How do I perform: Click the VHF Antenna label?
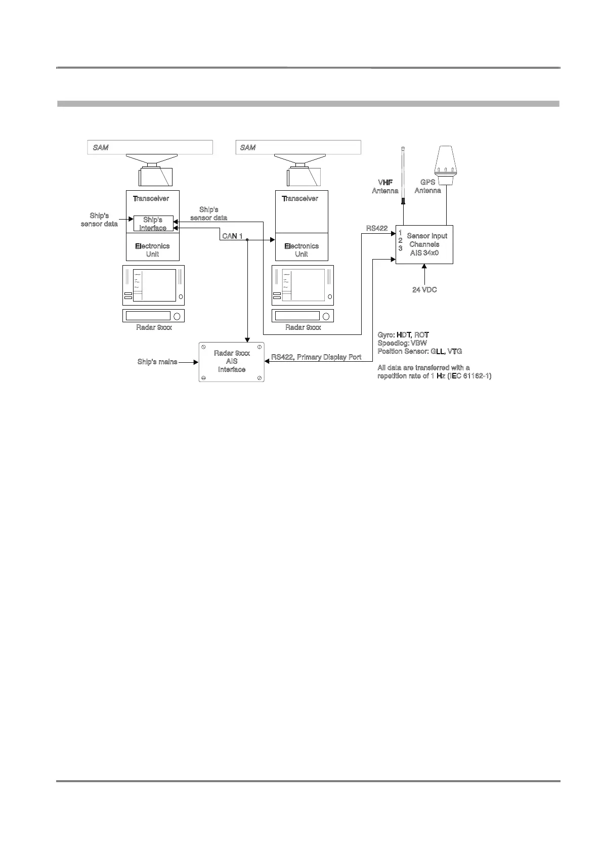(385, 186)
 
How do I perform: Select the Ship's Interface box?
(153, 224)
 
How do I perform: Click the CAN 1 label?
(232, 236)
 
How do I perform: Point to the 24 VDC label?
(424, 290)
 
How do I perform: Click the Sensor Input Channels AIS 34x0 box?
(424, 244)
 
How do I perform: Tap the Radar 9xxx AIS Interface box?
(232, 362)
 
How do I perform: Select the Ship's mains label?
(157, 362)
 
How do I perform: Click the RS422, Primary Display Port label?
(316, 357)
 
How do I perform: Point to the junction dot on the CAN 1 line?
(247, 240)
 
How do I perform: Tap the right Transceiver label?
(300, 198)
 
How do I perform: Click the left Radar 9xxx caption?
(154, 327)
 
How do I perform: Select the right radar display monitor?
(303, 285)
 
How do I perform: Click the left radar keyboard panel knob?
(177, 316)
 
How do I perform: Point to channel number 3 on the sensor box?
(400, 248)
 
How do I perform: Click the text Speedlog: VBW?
(402, 343)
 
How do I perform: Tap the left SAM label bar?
(150, 147)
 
